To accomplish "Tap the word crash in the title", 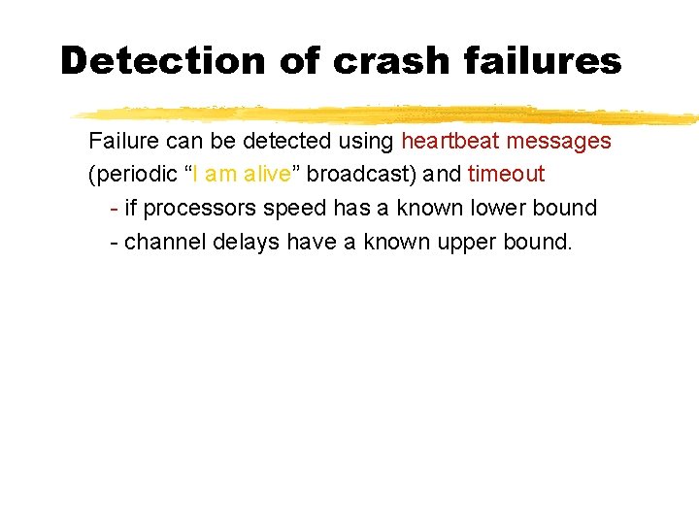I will (x=391, y=61).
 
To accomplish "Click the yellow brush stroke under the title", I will (x=388, y=114).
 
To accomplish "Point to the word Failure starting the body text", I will (x=125, y=142).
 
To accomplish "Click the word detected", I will (x=285, y=142).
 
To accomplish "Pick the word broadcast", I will (x=355, y=175).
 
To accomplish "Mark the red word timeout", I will (x=506, y=175).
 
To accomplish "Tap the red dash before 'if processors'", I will (x=115, y=208).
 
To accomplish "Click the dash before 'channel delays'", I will (x=115, y=241).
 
